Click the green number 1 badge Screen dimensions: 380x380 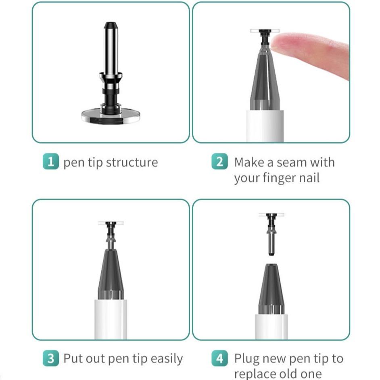[x=50, y=162]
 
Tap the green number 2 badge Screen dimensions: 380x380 [x=219, y=162]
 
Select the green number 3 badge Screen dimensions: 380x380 [x=50, y=359]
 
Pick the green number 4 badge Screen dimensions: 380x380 [x=219, y=359]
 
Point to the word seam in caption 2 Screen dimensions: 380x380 [x=288, y=163]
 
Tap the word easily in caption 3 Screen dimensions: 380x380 [x=166, y=359]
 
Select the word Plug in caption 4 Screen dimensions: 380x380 [x=247, y=359]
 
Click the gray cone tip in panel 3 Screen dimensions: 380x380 [x=111, y=274]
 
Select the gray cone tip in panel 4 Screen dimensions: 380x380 [x=271, y=288]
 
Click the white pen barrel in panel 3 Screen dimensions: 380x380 [x=111, y=319]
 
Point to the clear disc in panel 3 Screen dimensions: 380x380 [x=111, y=223]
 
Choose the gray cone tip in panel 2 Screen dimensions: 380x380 [x=265, y=81]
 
